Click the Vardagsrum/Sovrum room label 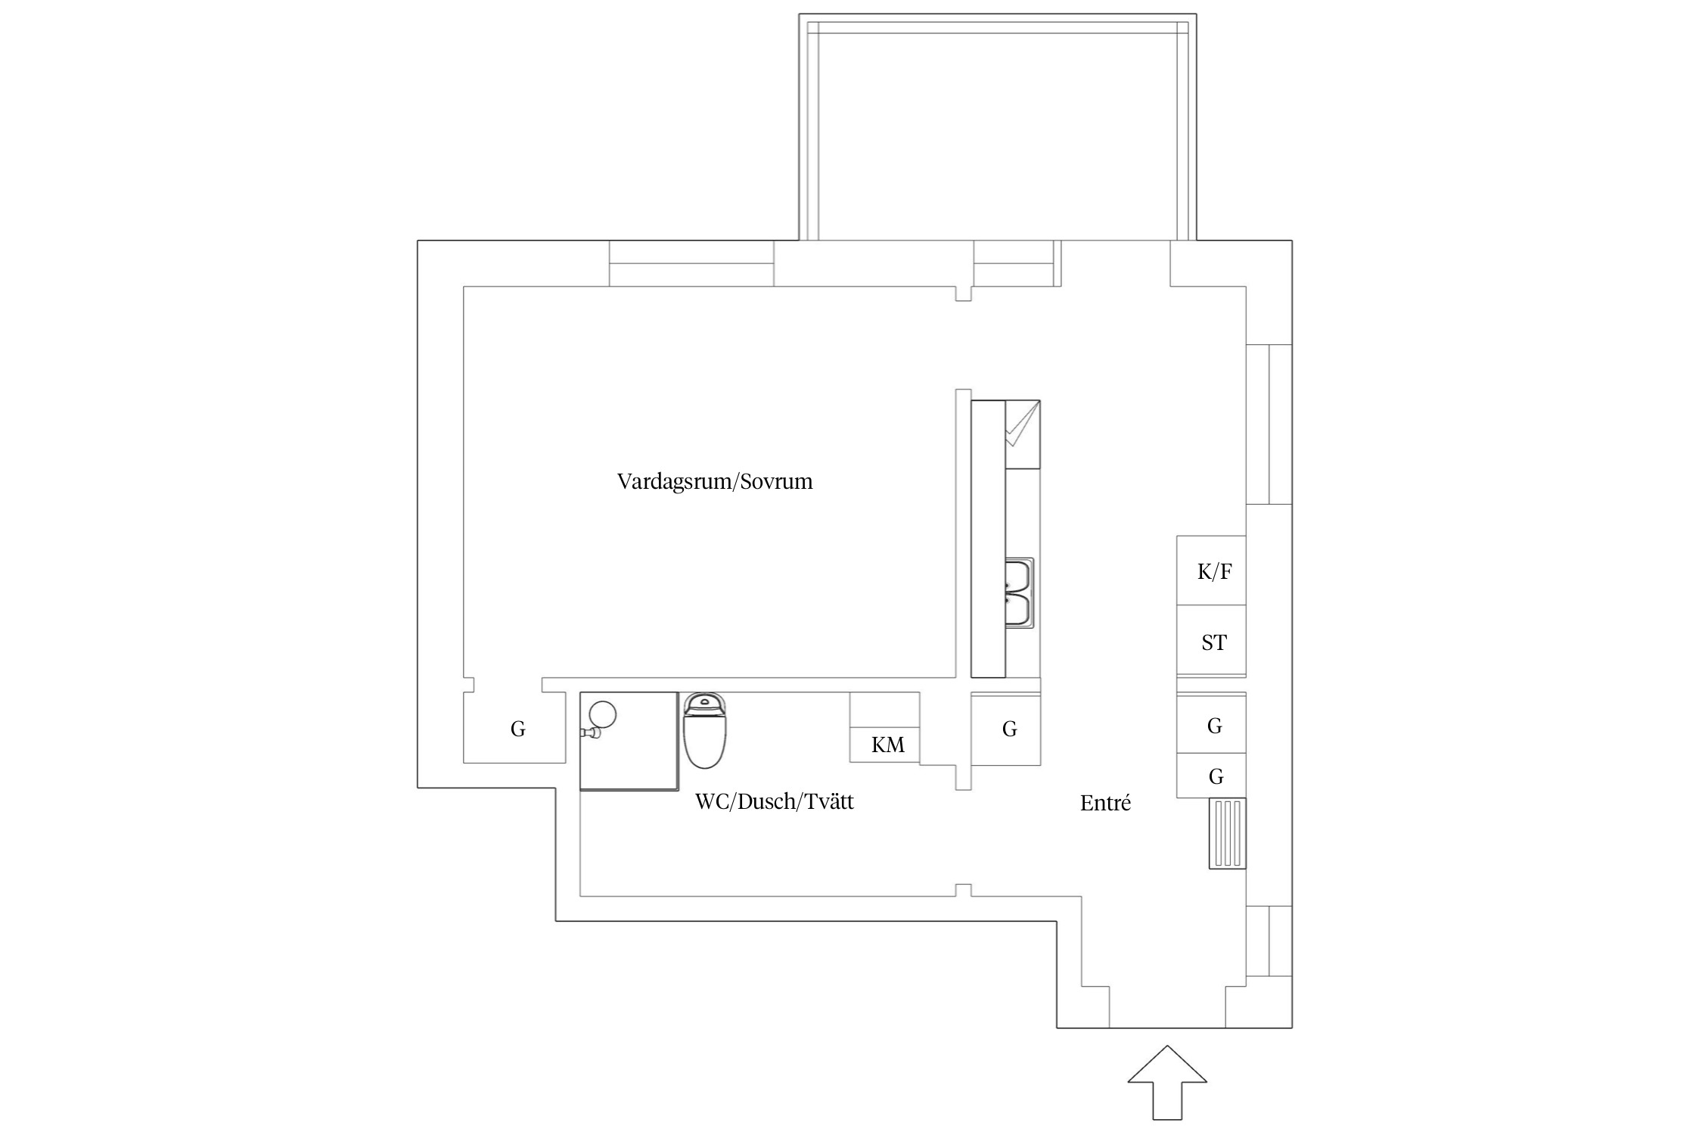pos(715,482)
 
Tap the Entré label pos(1105,804)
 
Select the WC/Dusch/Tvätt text pos(774,802)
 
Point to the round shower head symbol pos(603,714)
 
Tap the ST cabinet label pos(1213,643)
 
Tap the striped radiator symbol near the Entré pos(1227,833)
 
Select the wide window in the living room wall pos(691,263)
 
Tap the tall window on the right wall pos(1269,424)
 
